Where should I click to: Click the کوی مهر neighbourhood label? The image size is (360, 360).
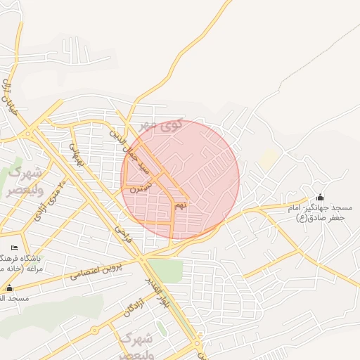click(x=161, y=126)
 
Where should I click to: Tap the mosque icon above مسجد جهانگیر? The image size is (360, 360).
click(x=321, y=197)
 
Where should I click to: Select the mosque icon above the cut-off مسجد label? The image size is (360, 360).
click(x=9, y=288)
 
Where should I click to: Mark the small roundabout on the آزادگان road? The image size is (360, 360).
click(x=94, y=329)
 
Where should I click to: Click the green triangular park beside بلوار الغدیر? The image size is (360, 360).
click(x=165, y=269)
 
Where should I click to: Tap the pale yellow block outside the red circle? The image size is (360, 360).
click(x=267, y=159)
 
